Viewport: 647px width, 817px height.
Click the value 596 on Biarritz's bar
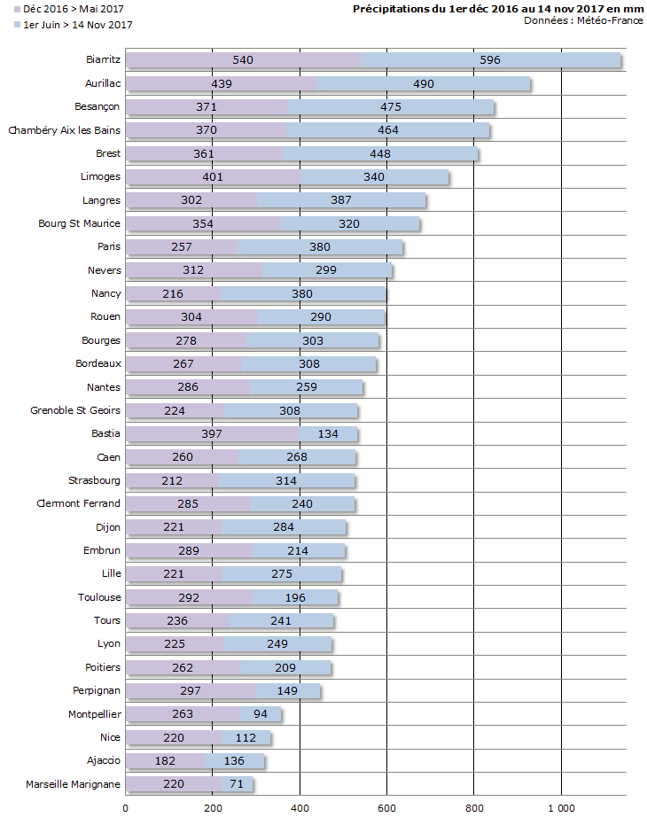point(490,60)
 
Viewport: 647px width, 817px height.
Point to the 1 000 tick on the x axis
point(561,807)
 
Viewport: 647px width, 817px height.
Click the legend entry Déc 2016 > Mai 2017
point(61,9)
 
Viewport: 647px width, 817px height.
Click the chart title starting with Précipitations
point(498,9)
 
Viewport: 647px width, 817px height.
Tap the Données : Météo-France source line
point(583,20)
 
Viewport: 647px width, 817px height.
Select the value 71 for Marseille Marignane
point(237,784)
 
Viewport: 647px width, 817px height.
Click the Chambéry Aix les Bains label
point(64,130)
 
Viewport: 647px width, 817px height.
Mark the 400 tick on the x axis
point(300,807)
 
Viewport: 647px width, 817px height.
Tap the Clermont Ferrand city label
point(78,504)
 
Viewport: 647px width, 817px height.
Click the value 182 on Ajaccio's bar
point(165,761)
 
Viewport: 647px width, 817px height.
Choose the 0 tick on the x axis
point(125,807)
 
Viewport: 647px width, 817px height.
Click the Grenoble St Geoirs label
point(75,410)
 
